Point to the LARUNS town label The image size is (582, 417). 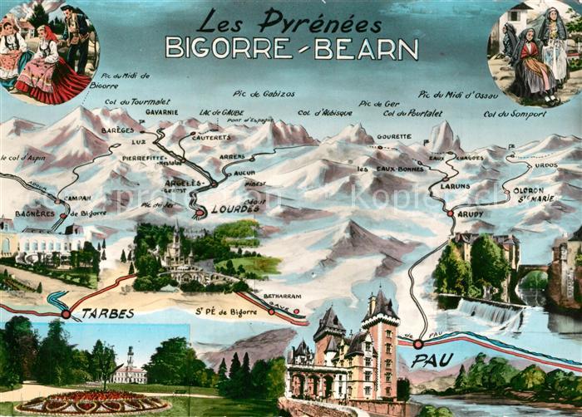455,186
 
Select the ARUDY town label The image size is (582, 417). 469,214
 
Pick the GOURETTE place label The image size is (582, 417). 393,135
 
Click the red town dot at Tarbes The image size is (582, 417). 66,314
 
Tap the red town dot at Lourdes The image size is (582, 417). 200,213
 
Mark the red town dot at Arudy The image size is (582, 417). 450,213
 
